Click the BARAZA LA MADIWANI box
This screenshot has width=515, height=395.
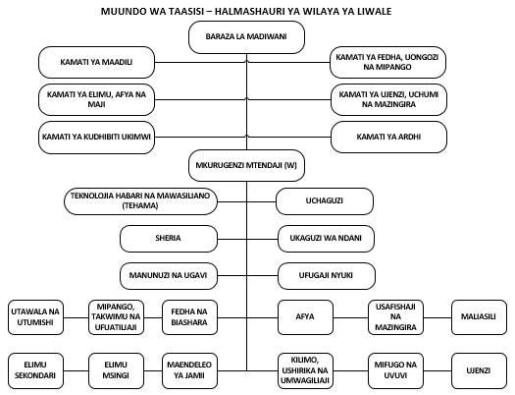point(247,38)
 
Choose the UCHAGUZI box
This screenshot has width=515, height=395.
point(324,202)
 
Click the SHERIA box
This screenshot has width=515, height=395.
point(169,238)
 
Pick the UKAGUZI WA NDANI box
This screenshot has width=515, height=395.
point(324,238)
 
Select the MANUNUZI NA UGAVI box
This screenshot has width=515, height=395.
point(169,272)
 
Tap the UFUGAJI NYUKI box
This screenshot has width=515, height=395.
point(324,272)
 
